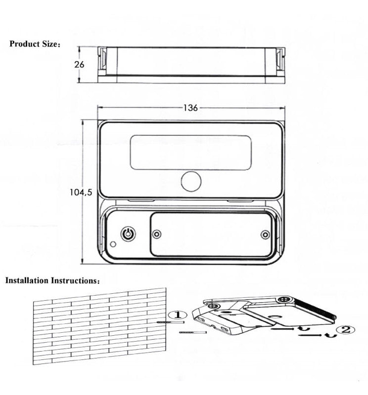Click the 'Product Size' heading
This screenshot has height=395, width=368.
[35, 44]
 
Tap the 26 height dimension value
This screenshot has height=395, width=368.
[80, 64]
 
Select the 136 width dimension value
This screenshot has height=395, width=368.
[190, 108]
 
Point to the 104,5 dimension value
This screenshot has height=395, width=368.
[81, 193]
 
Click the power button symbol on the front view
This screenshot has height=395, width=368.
[128, 234]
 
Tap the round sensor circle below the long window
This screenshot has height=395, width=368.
[191, 181]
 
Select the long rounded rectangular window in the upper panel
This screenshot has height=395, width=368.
[190, 153]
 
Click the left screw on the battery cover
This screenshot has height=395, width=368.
[157, 235]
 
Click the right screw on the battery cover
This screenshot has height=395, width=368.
[266, 235]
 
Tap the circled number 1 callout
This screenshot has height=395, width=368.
[178, 315]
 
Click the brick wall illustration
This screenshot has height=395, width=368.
[99, 326]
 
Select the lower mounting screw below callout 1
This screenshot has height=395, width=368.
[193, 333]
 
